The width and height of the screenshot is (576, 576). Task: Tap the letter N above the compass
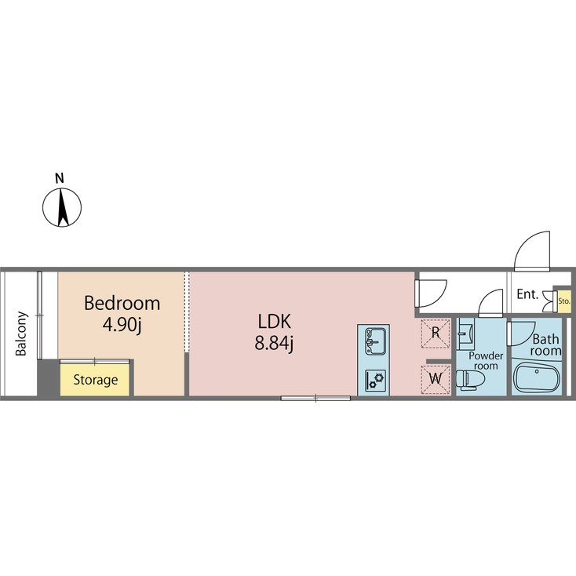pos(60,177)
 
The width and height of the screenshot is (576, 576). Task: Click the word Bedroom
pos(122,304)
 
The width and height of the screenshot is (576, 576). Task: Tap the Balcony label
pos(20,334)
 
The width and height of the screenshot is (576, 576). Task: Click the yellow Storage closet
pos(96,380)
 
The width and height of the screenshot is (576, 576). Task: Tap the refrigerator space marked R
pos(436,333)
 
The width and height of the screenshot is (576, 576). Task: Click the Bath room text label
pos(545,345)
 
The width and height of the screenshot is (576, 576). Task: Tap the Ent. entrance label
pos(528,295)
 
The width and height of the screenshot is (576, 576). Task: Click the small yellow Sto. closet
pos(563,300)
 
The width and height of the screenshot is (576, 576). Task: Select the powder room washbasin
pos(467,333)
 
